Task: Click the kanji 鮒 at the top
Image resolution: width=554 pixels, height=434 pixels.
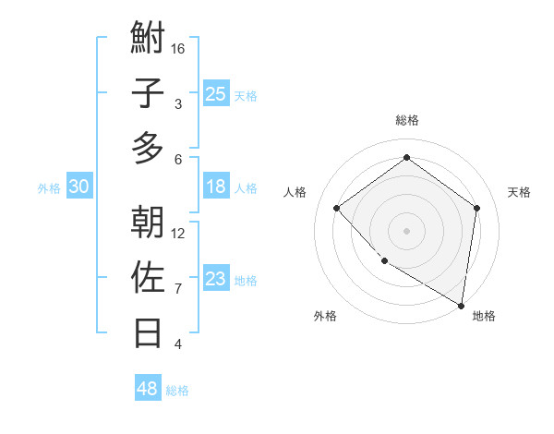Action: click(148, 39)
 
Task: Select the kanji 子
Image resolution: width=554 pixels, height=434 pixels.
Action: click(148, 94)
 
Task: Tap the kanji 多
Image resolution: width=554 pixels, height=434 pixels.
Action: click(148, 149)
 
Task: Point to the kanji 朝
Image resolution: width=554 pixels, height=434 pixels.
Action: click(148, 222)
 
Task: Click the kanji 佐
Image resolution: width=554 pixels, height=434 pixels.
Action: click(148, 277)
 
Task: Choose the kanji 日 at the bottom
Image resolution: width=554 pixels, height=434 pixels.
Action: click(148, 332)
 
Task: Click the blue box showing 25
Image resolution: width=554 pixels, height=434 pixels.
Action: click(215, 93)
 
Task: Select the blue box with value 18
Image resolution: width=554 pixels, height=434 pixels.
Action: click(215, 187)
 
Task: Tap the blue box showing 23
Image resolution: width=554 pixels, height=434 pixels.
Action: click(215, 279)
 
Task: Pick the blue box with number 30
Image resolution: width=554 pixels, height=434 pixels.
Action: click(78, 187)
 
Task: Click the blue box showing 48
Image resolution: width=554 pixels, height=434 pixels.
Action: click(147, 389)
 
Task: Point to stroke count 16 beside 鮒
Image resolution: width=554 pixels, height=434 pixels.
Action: click(178, 48)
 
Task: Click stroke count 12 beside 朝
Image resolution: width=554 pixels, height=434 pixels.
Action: click(178, 233)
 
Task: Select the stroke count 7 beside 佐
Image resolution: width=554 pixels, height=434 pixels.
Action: click(178, 288)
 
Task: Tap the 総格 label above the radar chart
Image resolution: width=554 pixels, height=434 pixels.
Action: click(407, 120)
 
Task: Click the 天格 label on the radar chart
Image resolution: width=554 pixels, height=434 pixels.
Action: click(520, 192)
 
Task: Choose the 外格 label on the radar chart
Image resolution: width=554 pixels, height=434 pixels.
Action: click(325, 317)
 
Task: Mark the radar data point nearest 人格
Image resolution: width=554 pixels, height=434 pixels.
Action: click(337, 208)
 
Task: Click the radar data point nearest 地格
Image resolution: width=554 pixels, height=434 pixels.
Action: click(462, 305)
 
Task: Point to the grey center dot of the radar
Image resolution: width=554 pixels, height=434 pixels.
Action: click(407, 230)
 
